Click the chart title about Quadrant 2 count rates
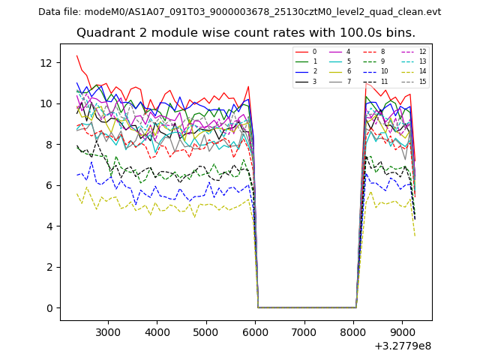click(246, 33)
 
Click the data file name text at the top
click(239, 12)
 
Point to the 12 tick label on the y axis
click(46, 63)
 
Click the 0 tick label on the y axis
click(49, 308)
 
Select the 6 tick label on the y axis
click(49, 185)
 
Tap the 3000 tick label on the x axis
click(108, 331)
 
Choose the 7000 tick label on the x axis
click(304, 331)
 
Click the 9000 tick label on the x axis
click(402, 331)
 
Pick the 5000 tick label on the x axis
click(206, 331)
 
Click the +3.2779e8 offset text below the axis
click(403, 346)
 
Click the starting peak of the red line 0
click(76, 55)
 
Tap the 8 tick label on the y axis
click(49, 145)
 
